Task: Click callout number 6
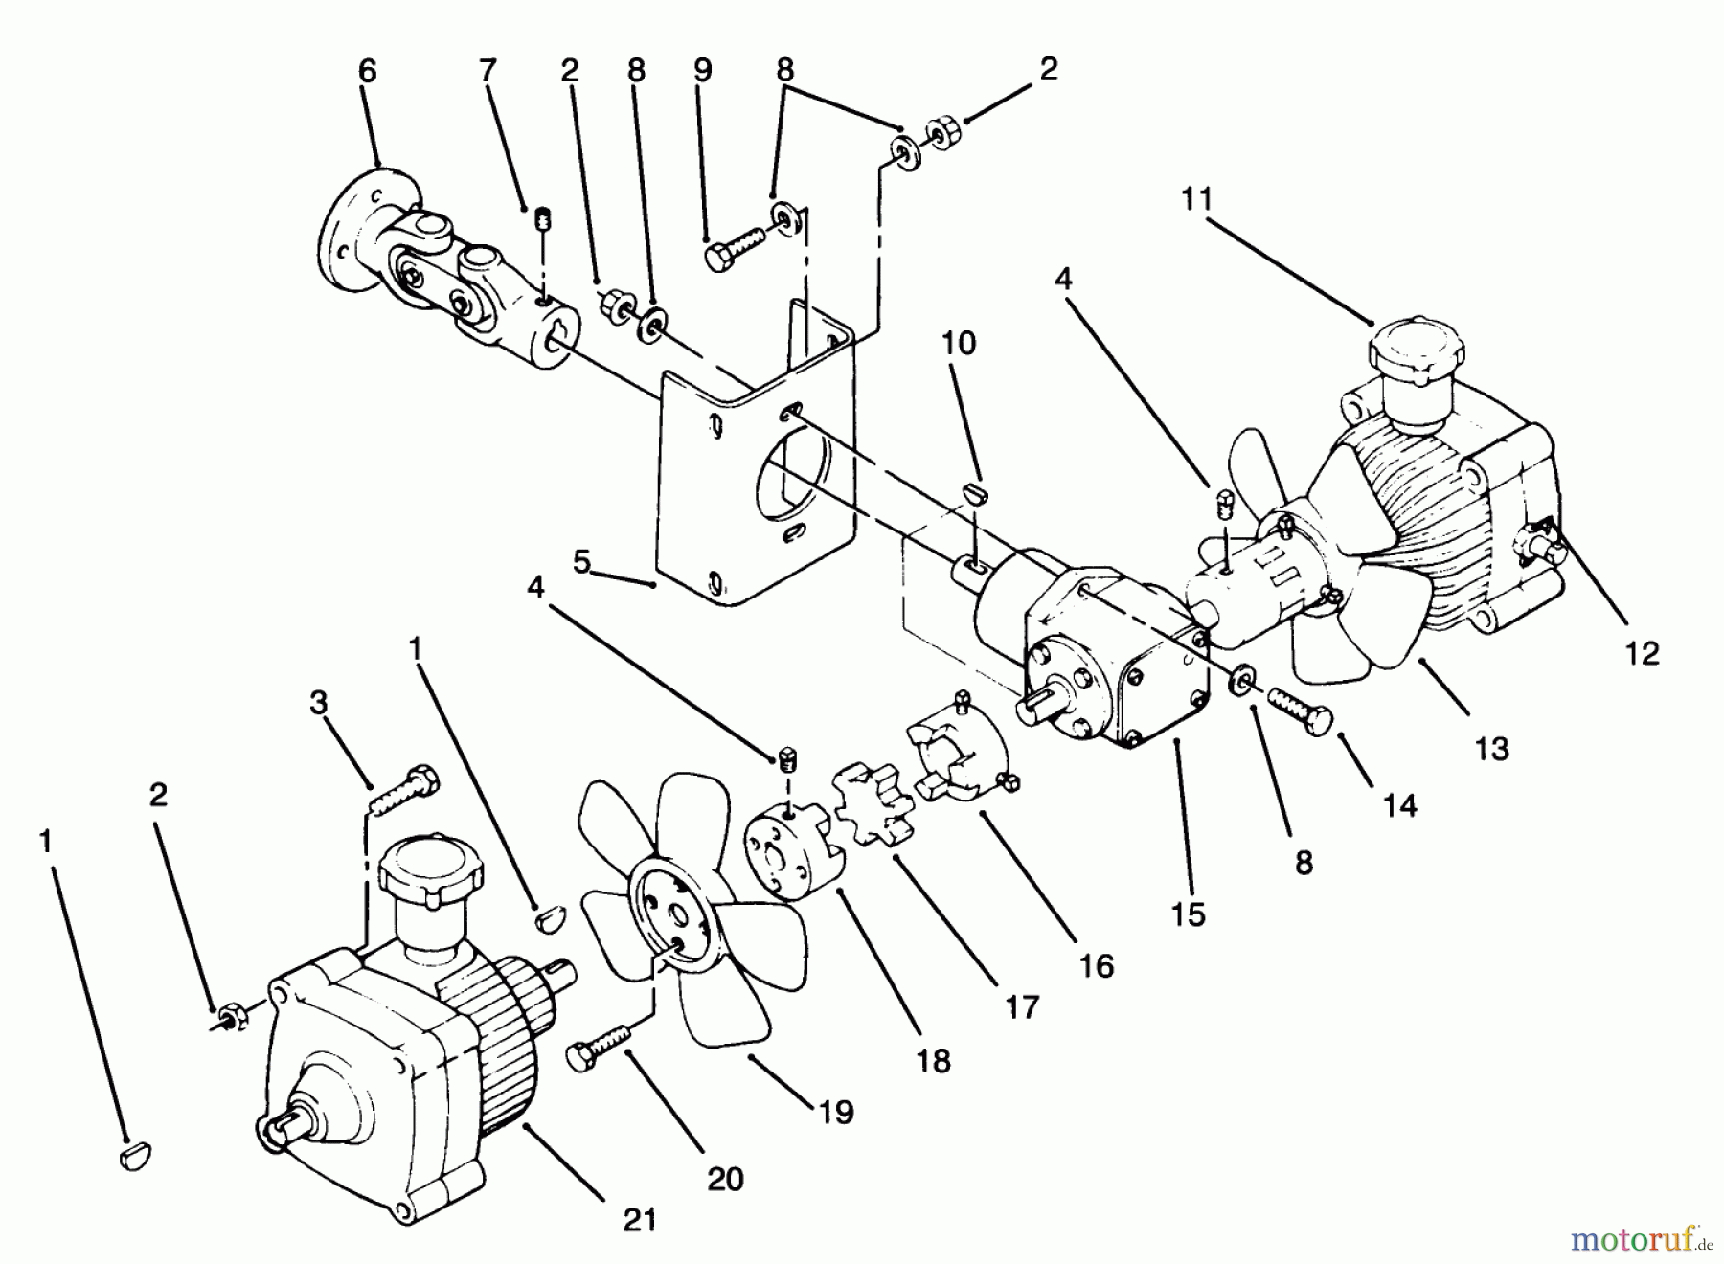point(368,71)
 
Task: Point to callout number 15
point(1188,914)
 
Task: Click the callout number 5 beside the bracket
point(582,562)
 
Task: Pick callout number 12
point(1642,653)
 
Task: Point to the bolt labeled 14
point(1299,711)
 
